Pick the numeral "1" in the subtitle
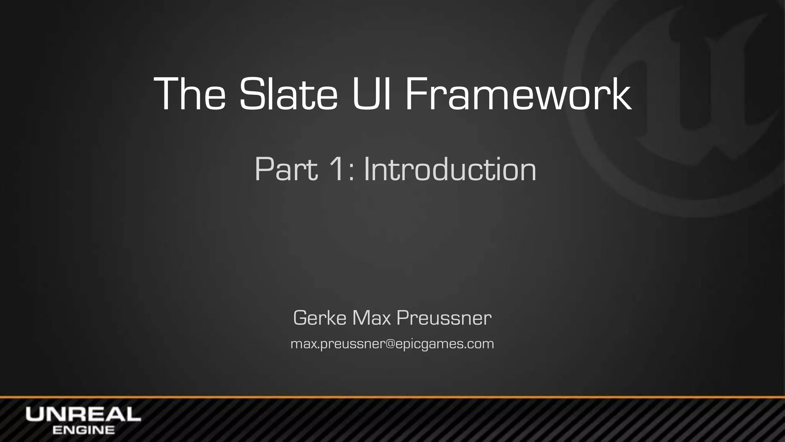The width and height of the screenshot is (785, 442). tap(338, 169)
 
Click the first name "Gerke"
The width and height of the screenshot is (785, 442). tap(320, 318)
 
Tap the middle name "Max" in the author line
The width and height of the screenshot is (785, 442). tap(371, 318)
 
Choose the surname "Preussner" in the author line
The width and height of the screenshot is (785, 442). tap(444, 318)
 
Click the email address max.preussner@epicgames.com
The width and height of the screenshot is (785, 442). tap(392, 344)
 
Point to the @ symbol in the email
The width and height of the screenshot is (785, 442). tap(391, 344)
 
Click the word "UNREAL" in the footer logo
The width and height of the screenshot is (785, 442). tap(83, 414)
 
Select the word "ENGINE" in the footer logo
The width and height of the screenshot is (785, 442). tap(84, 430)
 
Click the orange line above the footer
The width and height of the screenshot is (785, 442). tap(392, 397)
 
